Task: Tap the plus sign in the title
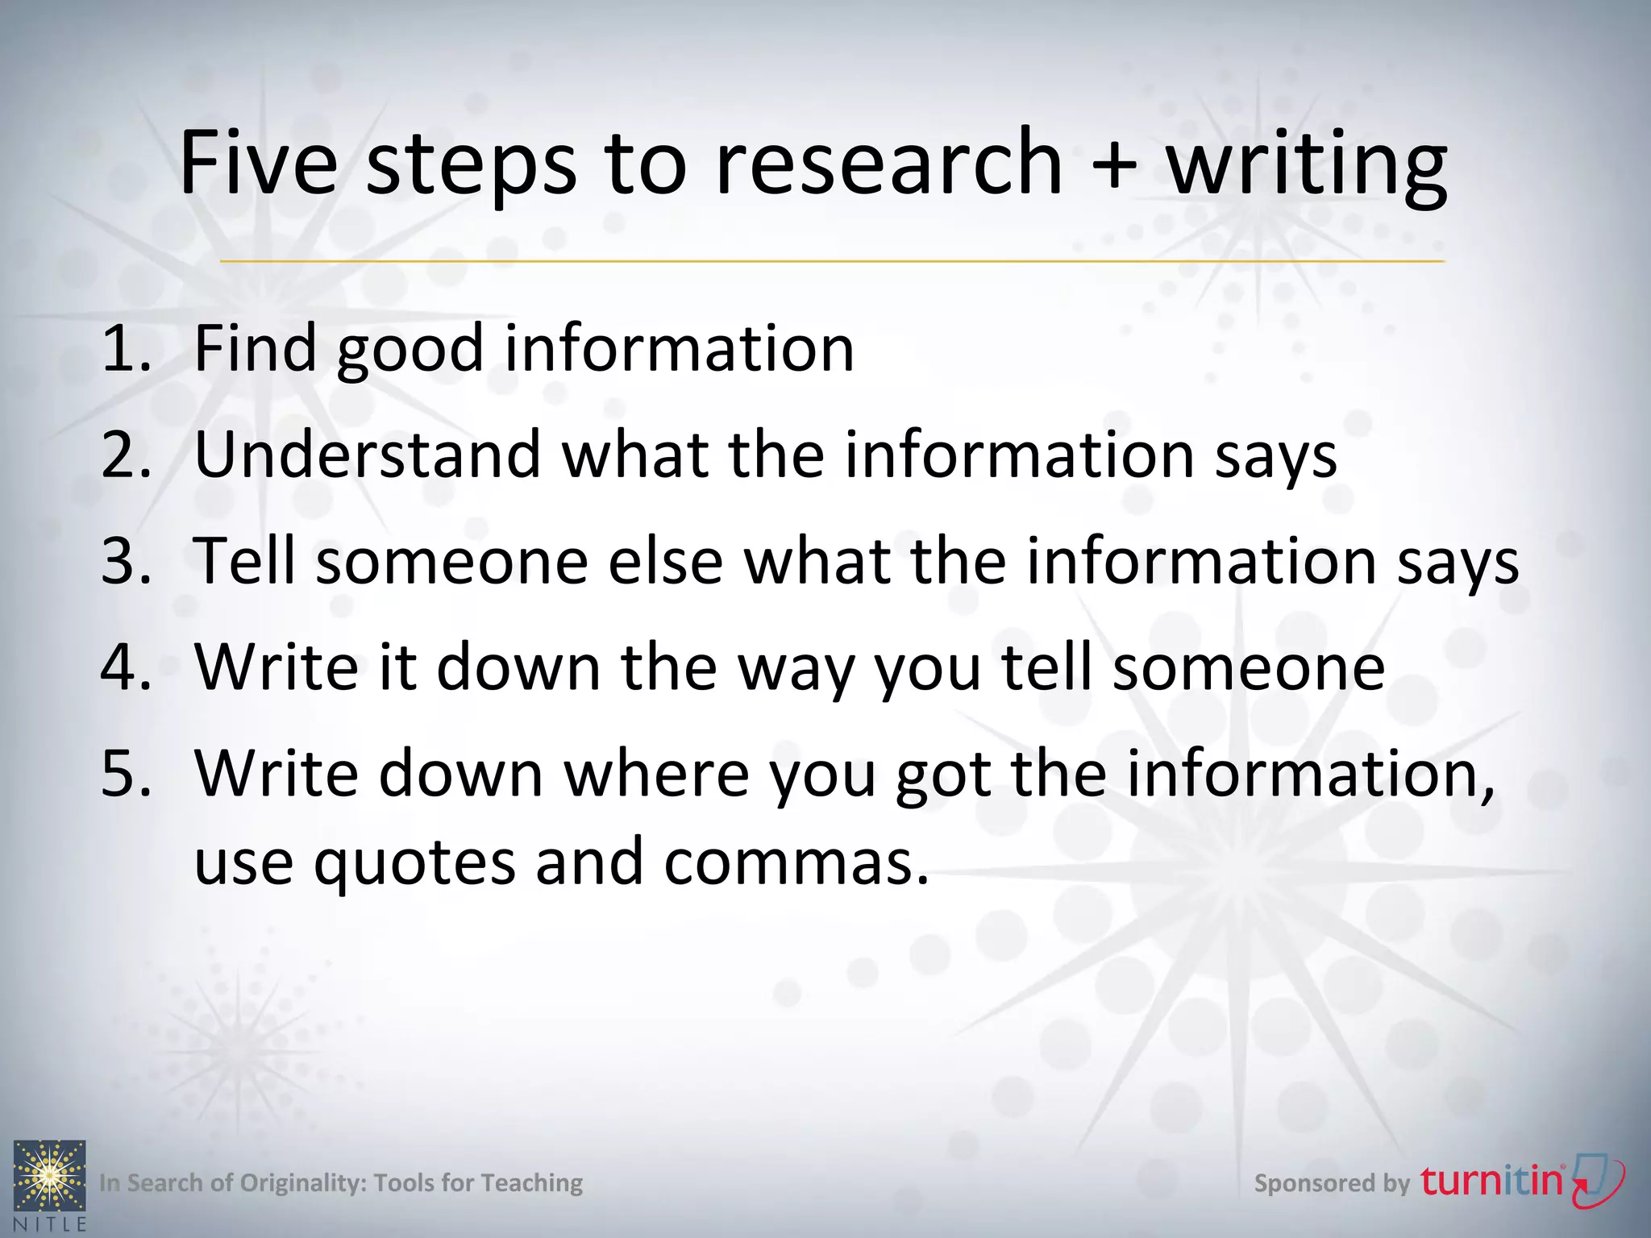[1114, 164]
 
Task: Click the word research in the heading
[888, 164]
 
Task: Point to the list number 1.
[126, 348]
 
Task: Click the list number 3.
[126, 561]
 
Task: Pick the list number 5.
[126, 774]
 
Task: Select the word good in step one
[410, 351]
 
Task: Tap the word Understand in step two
[368, 455]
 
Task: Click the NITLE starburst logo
[50, 1176]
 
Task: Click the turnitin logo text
[1491, 1181]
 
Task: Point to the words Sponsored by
[1332, 1183]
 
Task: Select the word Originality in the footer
[303, 1183]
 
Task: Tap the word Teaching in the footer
[531, 1183]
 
